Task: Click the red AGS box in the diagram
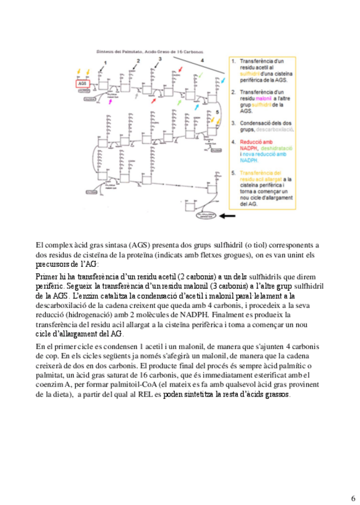click(x=82, y=85)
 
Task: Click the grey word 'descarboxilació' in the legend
click(x=274, y=129)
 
